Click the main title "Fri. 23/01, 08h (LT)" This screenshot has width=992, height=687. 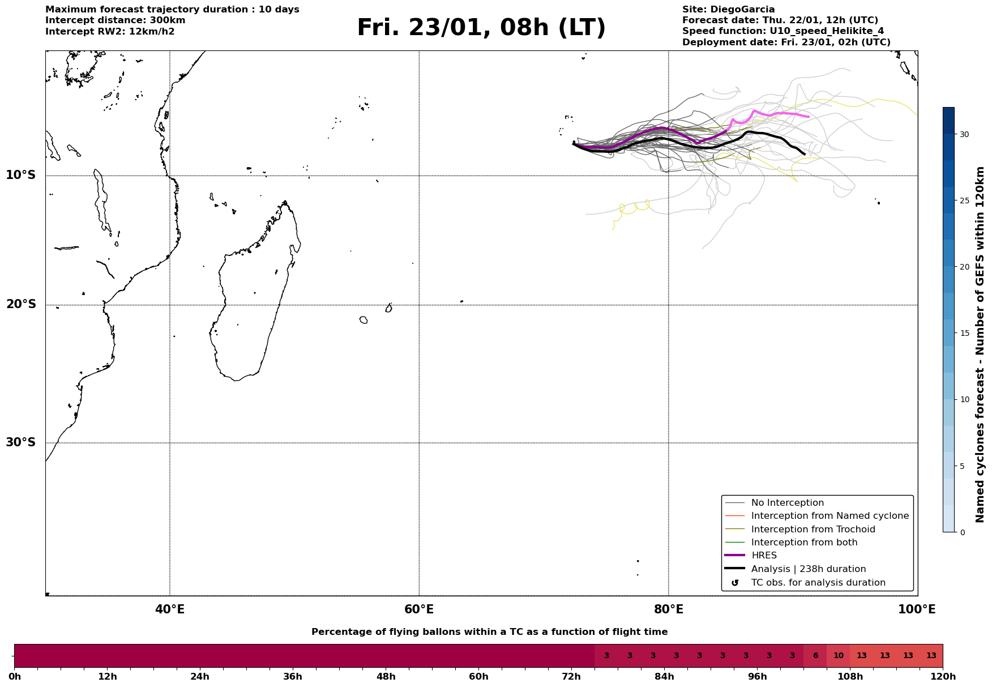pyautogui.click(x=481, y=28)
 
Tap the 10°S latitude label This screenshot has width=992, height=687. pyautogui.click(x=21, y=175)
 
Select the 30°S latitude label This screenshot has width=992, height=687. pyautogui.click(x=21, y=442)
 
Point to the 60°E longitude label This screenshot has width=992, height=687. pyautogui.click(x=419, y=610)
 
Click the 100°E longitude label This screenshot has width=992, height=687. pyautogui.click(x=917, y=610)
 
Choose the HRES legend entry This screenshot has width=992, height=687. pyautogui.click(x=764, y=556)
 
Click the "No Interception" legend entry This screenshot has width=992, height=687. pyautogui.click(x=787, y=503)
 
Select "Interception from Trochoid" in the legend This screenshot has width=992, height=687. pyautogui.click(x=813, y=530)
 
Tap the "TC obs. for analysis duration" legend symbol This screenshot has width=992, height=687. pyautogui.click(x=735, y=583)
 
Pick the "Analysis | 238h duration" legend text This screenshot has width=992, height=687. pyautogui.click(x=808, y=569)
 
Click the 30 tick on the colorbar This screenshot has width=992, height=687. pyautogui.click(x=964, y=134)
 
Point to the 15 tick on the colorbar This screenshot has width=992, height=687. pyautogui.click(x=964, y=333)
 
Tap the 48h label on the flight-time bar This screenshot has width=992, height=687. pyautogui.click(x=386, y=677)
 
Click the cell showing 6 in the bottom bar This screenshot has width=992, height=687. pyautogui.click(x=815, y=656)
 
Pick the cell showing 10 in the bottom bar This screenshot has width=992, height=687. pyautogui.click(x=839, y=656)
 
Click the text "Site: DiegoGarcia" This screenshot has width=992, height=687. pyautogui.click(x=728, y=10)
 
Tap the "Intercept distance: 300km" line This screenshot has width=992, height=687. pyautogui.click(x=116, y=20)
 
